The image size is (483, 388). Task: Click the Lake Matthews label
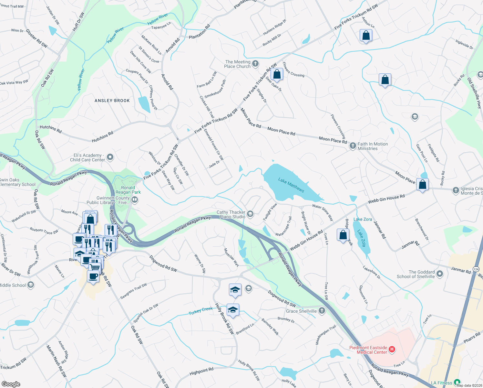tap(291, 185)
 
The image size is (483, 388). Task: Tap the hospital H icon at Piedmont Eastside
tap(392, 349)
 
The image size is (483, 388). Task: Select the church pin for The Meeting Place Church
tap(255, 63)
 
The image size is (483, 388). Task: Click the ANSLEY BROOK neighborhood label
tap(112, 101)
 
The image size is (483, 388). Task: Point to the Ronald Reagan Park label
tap(128, 190)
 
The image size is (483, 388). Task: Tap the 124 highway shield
tap(476, 269)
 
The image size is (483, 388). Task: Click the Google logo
tap(11, 384)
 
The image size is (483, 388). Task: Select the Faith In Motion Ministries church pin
tap(353, 146)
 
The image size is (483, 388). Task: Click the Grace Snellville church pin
tap(322, 311)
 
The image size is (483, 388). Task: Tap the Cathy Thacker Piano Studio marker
tap(250, 214)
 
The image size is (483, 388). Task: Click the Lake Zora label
tap(363, 219)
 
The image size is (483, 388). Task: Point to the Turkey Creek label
tap(200, 311)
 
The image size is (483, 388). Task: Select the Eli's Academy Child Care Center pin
tap(110, 157)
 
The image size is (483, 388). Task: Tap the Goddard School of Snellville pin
tap(439, 274)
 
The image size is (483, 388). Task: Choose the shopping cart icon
tap(94, 267)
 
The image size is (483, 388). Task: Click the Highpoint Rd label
tap(201, 371)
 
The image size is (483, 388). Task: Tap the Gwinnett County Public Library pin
tap(135, 200)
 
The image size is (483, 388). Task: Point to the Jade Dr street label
tap(214, 164)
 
